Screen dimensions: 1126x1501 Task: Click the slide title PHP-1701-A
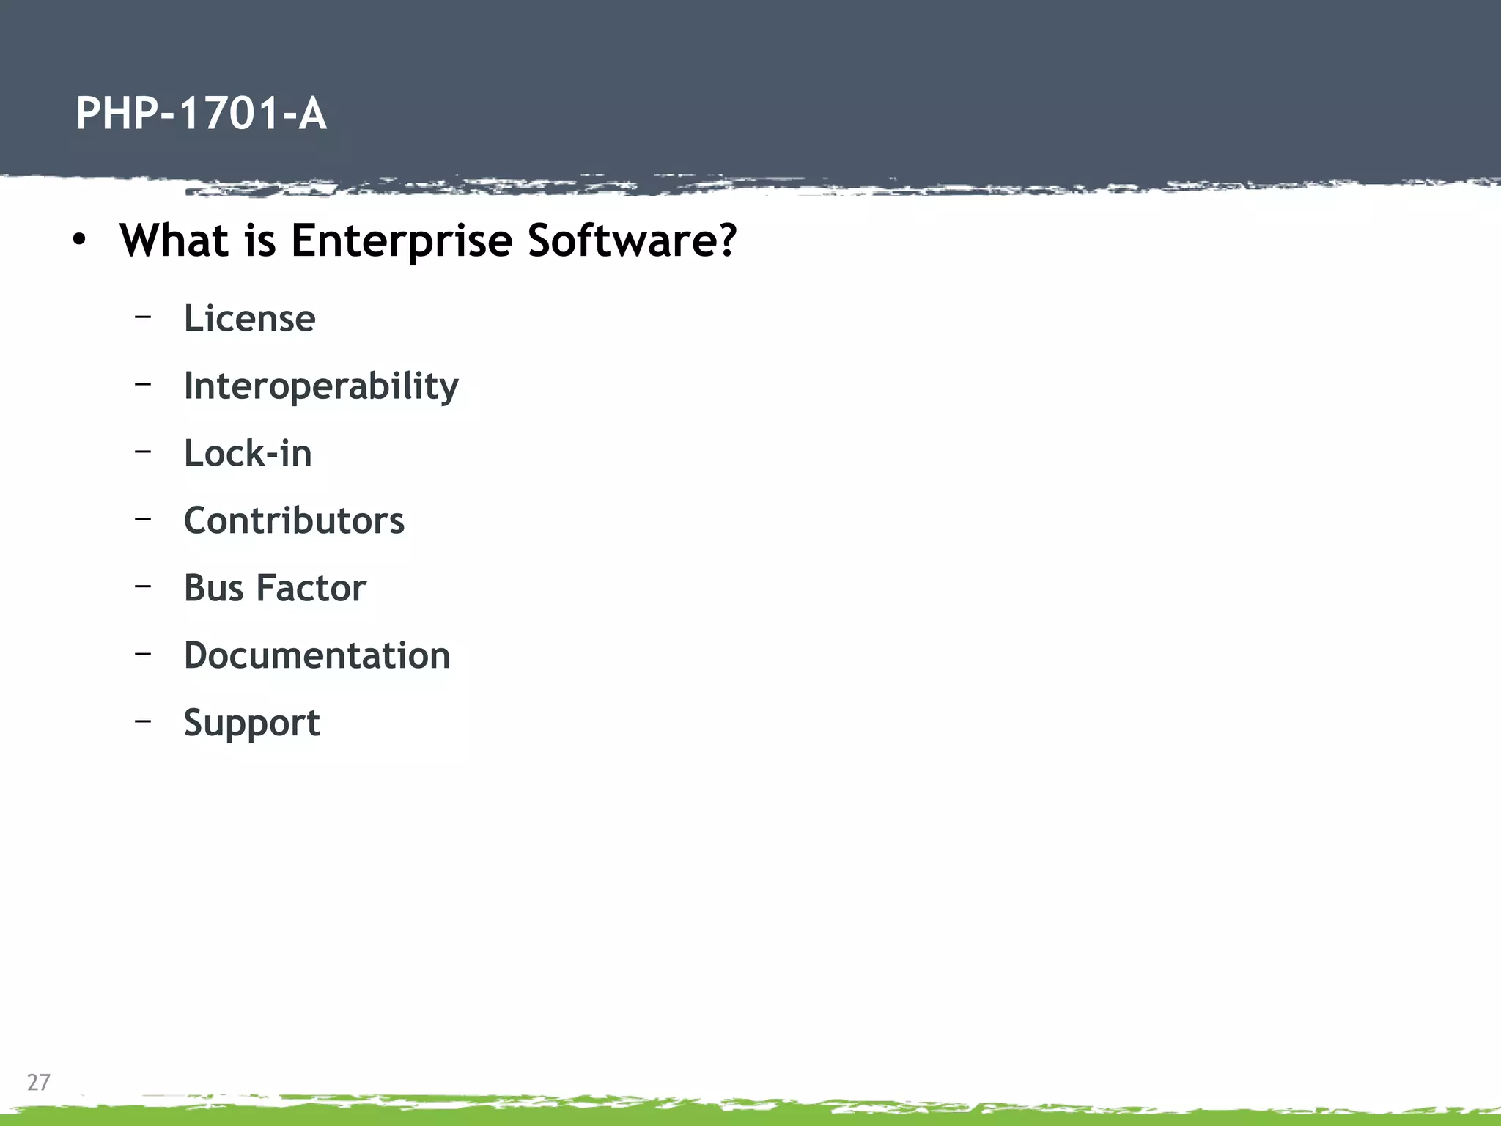pos(201,114)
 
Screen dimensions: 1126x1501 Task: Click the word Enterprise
pos(401,241)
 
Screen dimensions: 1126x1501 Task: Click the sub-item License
pos(249,318)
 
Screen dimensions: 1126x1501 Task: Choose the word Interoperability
pos(321,386)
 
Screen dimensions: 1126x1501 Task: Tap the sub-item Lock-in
pos(248,453)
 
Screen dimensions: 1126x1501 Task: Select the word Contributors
pos(294,520)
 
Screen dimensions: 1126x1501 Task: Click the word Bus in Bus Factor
pos(213,588)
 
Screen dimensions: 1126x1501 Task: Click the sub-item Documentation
pos(317,655)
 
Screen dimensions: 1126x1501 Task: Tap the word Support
pos(251,724)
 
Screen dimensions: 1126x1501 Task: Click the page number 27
pos(39,1082)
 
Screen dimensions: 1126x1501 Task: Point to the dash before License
pos(143,316)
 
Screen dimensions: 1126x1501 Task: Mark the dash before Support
pos(143,721)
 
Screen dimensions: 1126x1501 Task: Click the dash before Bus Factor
pos(143,586)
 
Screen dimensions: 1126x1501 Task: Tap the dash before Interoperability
pos(143,383)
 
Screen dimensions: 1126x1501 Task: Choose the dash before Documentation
pos(143,653)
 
